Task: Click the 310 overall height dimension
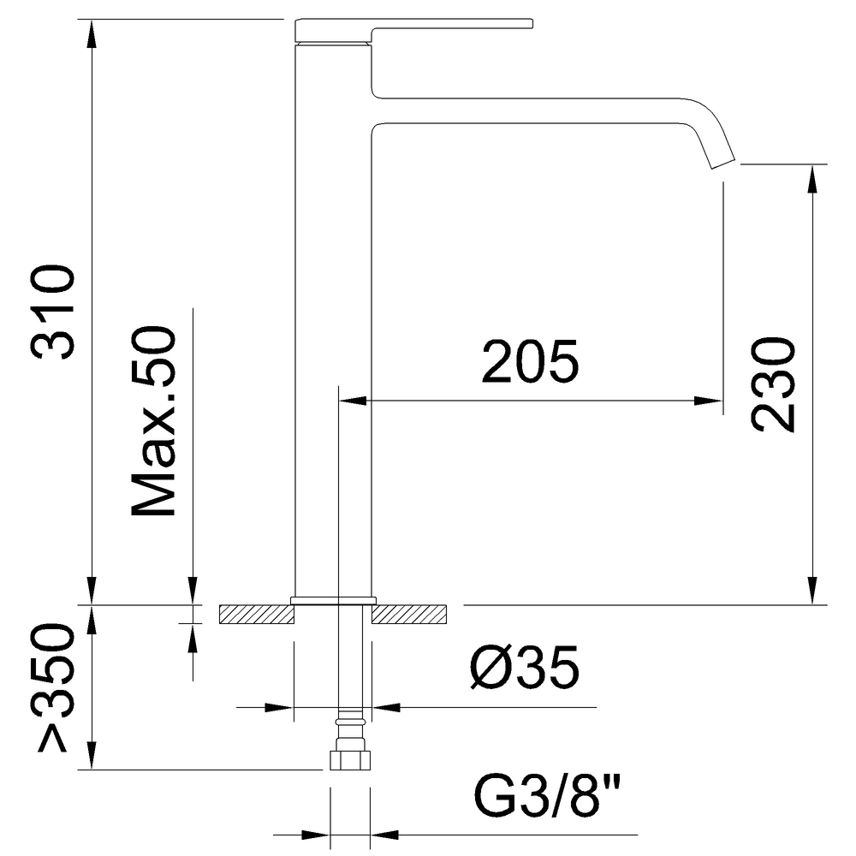tap(53, 312)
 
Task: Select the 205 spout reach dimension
tap(530, 361)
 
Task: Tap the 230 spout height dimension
tap(773, 385)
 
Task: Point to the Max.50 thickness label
tap(154, 421)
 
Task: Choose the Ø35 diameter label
tap(524, 668)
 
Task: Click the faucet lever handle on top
tap(413, 29)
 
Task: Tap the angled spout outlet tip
tap(722, 162)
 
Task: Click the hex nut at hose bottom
tap(350, 760)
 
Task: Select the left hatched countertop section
tap(257, 614)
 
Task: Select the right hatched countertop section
tap(409, 614)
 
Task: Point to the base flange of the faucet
tap(334, 601)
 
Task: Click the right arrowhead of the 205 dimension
tap(709, 401)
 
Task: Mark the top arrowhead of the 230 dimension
tap(813, 179)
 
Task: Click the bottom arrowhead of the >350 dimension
tap(92, 755)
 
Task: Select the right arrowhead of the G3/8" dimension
tap(385, 835)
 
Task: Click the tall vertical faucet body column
tap(333, 321)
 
